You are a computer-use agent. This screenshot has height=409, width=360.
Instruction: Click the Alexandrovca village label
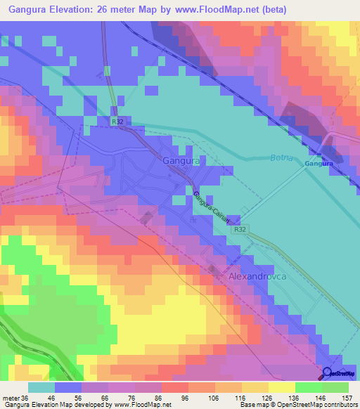point(257,278)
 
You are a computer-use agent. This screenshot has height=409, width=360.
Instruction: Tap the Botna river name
point(282,158)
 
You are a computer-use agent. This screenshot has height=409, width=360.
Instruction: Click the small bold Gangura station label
point(318,164)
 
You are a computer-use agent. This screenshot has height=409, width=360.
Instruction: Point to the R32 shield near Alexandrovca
point(240,229)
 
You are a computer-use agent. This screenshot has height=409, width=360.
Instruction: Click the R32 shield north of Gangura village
point(117,122)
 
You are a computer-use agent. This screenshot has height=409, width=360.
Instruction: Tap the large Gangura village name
point(181,161)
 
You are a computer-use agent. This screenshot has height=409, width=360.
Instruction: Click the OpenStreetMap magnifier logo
point(328,373)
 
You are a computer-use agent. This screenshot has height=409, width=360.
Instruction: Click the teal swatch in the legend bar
point(41,387)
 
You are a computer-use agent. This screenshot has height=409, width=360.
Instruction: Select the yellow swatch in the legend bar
point(281,387)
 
